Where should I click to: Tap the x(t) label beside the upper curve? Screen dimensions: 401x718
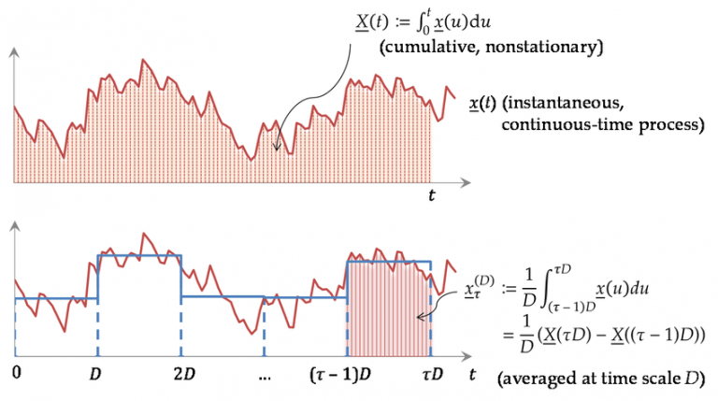pos(481,102)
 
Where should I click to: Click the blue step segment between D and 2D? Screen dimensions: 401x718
pos(138,255)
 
